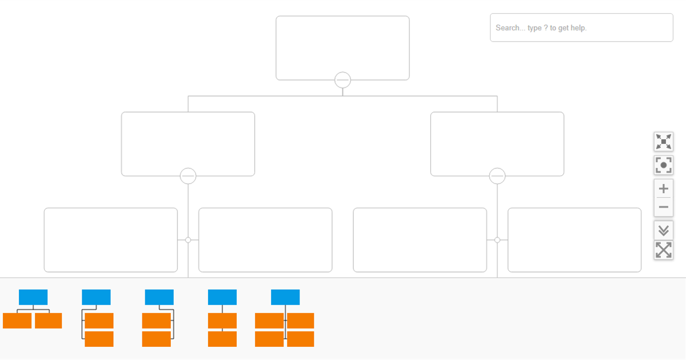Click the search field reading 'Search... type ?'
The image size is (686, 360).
tap(581, 27)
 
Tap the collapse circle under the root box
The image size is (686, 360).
tap(342, 80)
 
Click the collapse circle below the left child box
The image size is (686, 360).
tap(188, 176)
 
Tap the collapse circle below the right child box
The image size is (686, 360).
tap(497, 176)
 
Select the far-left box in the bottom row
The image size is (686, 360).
tap(111, 240)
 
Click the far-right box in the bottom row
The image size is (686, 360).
tap(575, 240)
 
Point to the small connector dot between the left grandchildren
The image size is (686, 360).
tap(188, 240)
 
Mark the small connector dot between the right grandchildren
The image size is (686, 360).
tap(497, 240)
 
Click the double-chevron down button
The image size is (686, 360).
tap(664, 230)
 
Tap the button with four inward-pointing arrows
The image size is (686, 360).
tap(664, 142)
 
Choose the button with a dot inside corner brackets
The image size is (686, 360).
tap(664, 166)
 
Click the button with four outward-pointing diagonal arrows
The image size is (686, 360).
tap(664, 250)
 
